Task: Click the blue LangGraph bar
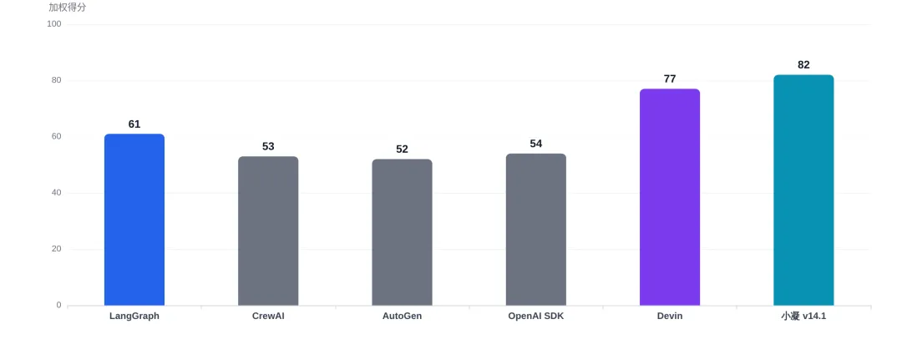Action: click(134, 220)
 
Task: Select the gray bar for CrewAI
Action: click(268, 231)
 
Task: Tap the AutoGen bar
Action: click(402, 232)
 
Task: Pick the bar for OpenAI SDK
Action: click(536, 230)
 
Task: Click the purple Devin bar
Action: click(670, 197)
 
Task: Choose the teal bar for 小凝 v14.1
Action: click(803, 190)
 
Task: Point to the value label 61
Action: click(134, 124)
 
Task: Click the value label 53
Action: click(268, 147)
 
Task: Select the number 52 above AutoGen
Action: click(402, 150)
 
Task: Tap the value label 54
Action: click(536, 144)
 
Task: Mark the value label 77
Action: click(670, 79)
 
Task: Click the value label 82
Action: click(803, 65)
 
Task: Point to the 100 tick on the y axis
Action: click(54, 24)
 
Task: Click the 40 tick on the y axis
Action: click(57, 193)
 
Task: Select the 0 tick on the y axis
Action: click(58, 305)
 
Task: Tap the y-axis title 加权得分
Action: click(68, 8)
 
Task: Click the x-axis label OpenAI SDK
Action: click(536, 317)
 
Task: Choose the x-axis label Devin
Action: click(670, 317)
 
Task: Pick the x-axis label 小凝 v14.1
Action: click(803, 317)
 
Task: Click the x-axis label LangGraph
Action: click(134, 317)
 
